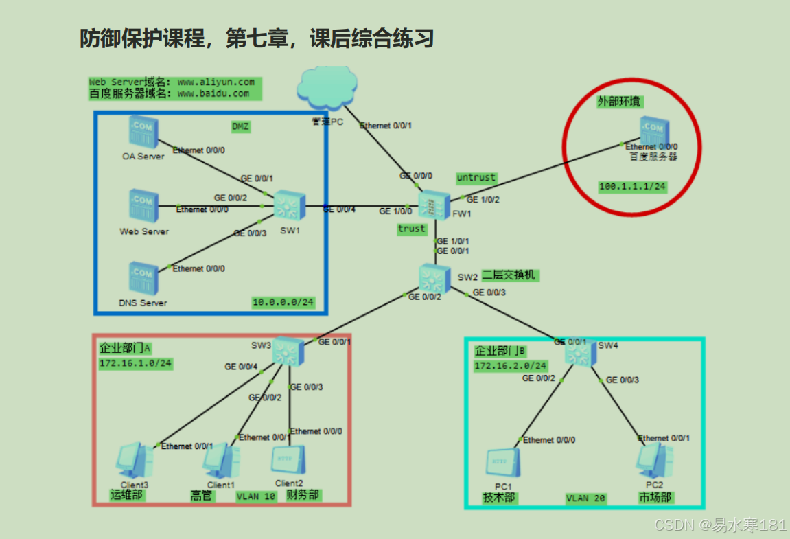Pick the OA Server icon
pos(143,132)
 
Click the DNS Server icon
pos(143,278)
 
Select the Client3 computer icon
pos(135,460)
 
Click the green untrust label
pos(476,178)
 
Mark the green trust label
pos(411,229)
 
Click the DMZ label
pos(240,126)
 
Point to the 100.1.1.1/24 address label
pos(632,186)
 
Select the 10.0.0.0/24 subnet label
pos(283,302)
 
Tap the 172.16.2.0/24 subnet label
pos(511,366)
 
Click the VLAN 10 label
pos(256,496)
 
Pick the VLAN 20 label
pos(585,498)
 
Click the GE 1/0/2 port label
pos(483,200)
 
